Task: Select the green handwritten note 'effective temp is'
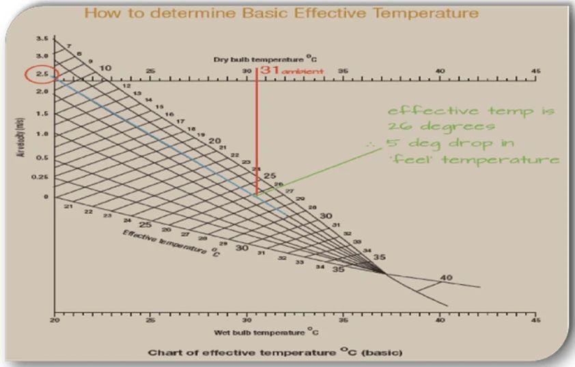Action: click(471, 111)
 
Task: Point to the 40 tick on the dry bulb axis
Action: click(440, 70)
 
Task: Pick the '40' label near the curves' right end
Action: click(446, 278)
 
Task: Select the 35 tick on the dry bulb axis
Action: click(343, 70)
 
